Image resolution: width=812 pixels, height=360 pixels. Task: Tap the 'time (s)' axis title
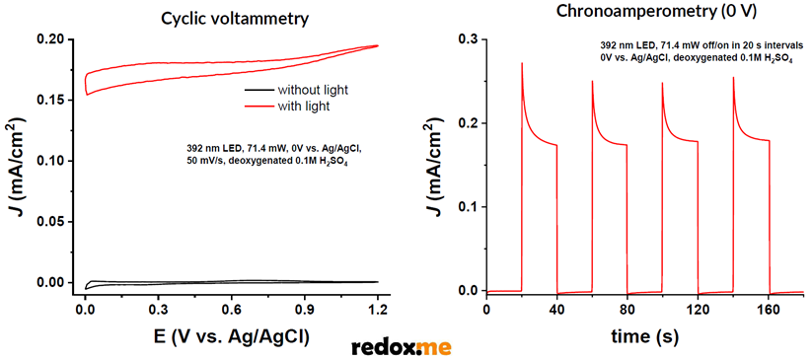(644, 335)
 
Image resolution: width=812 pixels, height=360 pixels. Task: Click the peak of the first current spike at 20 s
(522, 64)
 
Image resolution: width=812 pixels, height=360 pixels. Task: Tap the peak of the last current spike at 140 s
(733, 78)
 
